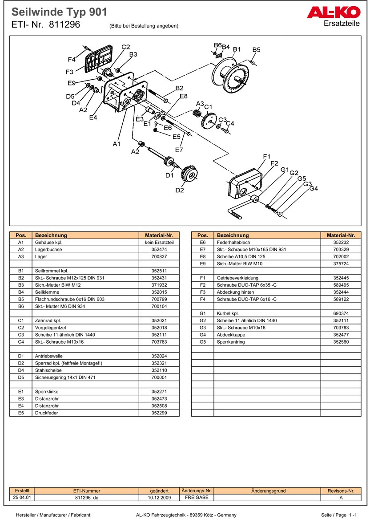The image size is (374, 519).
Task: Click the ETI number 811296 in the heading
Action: pyautogui.click(x=64, y=25)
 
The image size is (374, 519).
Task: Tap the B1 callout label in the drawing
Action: pyautogui.click(x=237, y=49)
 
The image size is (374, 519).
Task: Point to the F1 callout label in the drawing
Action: pyautogui.click(x=267, y=156)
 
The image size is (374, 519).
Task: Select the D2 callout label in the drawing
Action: pyautogui.click(x=180, y=190)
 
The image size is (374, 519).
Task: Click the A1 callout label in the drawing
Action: pyautogui.click(x=117, y=144)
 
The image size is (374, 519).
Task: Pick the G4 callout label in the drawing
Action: pyautogui.click(x=314, y=188)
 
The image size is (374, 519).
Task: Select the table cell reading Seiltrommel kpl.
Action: pyautogui.click(x=52, y=271)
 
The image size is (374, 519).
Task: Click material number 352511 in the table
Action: pyautogui.click(x=159, y=271)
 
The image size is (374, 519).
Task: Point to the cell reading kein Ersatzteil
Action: pyautogui.click(x=159, y=242)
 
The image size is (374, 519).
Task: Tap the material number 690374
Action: pyautogui.click(x=341, y=313)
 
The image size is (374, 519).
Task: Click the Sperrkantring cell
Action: pyautogui.click(x=230, y=342)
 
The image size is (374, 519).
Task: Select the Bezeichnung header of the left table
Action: pyautogui.click(x=51, y=235)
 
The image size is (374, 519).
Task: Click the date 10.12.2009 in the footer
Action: pyautogui.click(x=159, y=498)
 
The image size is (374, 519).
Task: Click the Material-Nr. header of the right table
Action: pyautogui.click(x=341, y=235)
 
